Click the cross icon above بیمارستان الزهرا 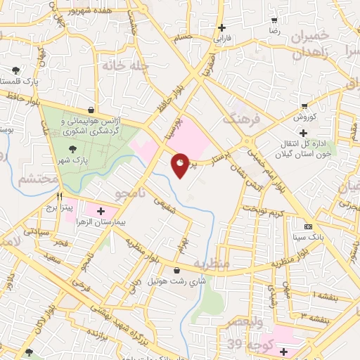100,210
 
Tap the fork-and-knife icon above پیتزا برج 60,196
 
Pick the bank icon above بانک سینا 308,226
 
